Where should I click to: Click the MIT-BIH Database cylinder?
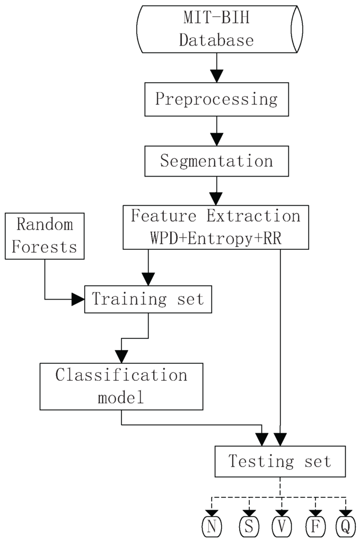(x=219, y=30)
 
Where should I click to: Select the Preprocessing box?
(x=216, y=100)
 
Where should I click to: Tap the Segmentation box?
(x=216, y=161)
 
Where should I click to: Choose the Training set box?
(x=147, y=299)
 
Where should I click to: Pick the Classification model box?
(x=121, y=387)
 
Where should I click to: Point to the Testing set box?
(x=279, y=462)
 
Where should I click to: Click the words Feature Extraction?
(x=216, y=216)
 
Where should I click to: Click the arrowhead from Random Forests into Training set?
(x=78, y=299)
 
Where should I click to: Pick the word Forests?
(x=46, y=247)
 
